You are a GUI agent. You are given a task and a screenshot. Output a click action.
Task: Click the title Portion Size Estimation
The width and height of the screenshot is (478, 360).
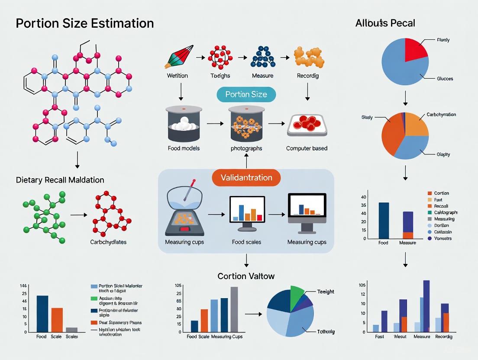(85, 23)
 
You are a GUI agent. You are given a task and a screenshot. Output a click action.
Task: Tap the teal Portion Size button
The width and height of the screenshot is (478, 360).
(246, 94)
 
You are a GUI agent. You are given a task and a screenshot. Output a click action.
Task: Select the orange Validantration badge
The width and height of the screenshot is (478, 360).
(246, 177)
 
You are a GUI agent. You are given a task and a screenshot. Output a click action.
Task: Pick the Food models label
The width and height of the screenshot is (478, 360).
(184, 148)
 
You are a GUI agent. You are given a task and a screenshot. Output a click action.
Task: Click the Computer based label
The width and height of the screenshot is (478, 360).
(307, 148)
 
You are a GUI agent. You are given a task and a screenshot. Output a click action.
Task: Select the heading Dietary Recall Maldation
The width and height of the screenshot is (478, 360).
(60, 180)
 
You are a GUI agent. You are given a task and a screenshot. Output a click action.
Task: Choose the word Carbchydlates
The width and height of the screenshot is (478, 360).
(108, 242)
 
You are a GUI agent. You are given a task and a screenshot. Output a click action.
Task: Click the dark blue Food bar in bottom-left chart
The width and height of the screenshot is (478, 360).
(42, 313)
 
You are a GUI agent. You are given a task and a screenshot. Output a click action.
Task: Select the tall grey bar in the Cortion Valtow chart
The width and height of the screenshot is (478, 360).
(234, 309)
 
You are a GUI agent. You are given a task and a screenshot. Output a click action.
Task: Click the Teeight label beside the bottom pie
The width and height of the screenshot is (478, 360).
(326, 292)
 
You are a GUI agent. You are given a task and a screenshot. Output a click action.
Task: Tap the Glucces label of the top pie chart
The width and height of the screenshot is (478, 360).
(445, 79)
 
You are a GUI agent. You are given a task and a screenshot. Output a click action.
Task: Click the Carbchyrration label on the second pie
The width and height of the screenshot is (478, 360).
(441, 115)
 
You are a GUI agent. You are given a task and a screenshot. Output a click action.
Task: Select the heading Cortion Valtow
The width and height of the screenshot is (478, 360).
(246, 276)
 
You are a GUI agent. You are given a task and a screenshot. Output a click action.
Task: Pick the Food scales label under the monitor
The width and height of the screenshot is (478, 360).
(246, 242)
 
